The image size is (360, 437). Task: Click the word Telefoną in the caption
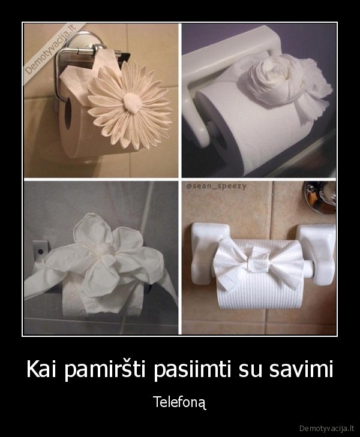point(180,402)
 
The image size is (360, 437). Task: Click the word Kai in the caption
point(44,370)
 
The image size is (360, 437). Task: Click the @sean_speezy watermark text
point(217,186)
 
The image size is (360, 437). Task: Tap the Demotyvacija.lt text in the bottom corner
point(327,428)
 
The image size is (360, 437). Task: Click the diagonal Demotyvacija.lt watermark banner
point(50,50)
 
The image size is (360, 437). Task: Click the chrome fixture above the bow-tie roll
point(320,197)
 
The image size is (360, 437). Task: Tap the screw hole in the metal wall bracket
point(40,252)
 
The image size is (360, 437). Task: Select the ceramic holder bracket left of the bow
point(208,252)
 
